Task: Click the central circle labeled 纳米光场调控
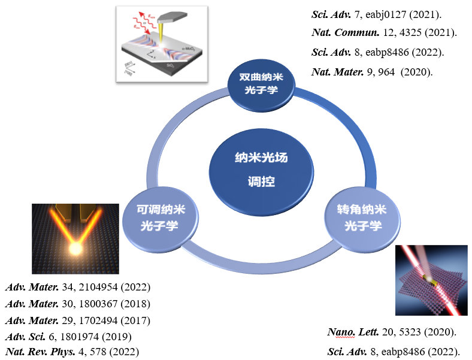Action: [261, 170]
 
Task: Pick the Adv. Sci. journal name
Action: [25, 336]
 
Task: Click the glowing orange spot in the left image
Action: [76, 249]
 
